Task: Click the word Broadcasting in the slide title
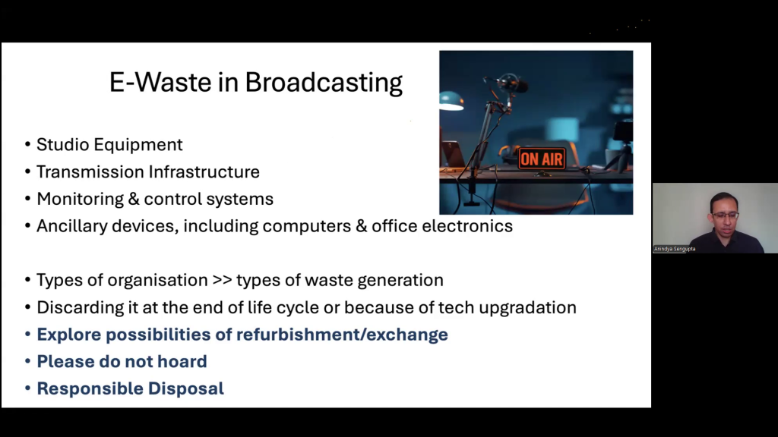click(324, 83)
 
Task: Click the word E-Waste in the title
click(160, 82)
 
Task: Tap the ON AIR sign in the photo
click(542, 159)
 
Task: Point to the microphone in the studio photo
click(511, 83)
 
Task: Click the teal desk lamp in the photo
click(451, 101)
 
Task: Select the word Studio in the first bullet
click(62, 145)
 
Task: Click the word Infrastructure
click(204, 172)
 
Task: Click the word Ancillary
click(71, 226)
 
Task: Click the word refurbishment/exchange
click(342, 335)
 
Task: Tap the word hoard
click(182, 362)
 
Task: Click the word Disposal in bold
click(186, 389)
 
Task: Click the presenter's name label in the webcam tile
click(675, 249)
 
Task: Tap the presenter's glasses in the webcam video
click(726, 215)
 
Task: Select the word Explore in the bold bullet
click(69, 335)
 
